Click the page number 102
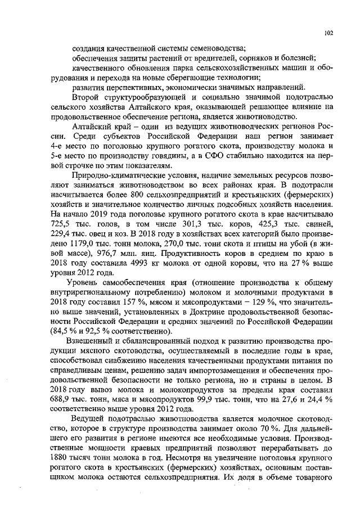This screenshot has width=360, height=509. click(329, 33)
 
